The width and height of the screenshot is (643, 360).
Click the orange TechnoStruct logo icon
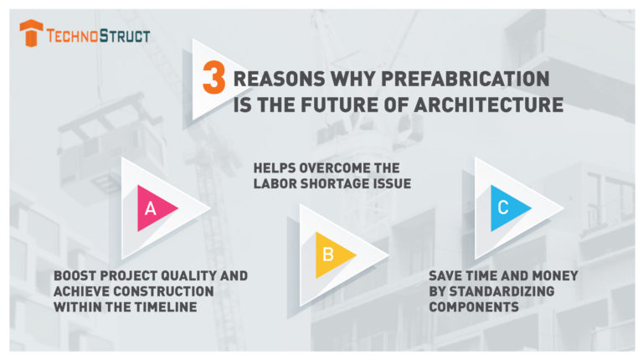pyautogui.click(x=31, y=33)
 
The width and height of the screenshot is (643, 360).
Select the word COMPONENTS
pyautogui.click(x=474, y=306)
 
